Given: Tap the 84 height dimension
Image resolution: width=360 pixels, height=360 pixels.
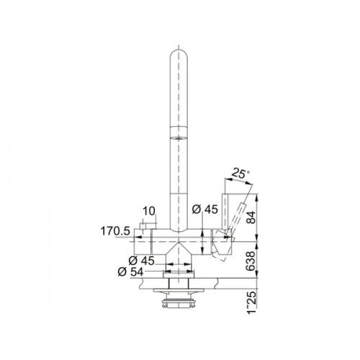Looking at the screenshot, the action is (251, 217).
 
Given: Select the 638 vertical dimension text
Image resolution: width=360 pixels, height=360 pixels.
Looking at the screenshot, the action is (251, 261).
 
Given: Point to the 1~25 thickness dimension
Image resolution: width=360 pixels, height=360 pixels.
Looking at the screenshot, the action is (251, 302).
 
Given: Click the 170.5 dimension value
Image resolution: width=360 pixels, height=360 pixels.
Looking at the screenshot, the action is (115, 231).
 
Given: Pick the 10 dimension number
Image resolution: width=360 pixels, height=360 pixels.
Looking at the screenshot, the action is (149, 211).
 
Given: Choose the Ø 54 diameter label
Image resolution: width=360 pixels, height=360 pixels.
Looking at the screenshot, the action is (131, 272).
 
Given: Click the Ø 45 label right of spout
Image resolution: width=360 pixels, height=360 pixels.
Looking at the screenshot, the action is (205, 210).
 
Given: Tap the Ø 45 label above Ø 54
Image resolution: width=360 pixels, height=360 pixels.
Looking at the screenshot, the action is (142, 261).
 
